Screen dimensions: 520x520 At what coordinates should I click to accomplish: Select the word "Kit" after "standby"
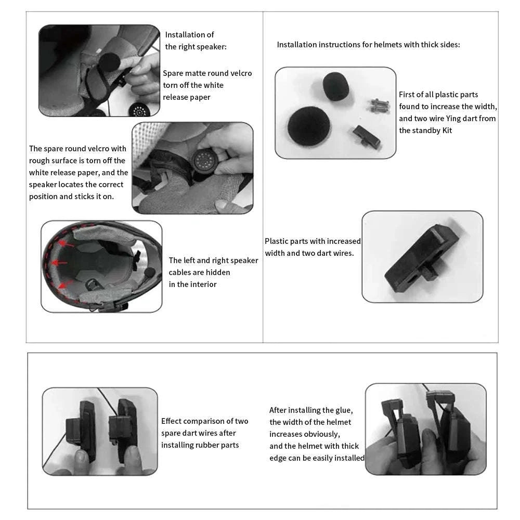(x=447, y=131)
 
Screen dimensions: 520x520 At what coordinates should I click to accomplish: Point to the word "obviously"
(x=323, y=434)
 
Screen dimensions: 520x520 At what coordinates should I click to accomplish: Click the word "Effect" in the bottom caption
(x=172, y=421)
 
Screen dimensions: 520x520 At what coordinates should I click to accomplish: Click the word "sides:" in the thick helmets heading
(x=448, y=45)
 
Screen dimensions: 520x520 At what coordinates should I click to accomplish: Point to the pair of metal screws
(x=379, y=106)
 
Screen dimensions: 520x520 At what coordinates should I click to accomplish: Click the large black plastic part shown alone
(x=421, y=257)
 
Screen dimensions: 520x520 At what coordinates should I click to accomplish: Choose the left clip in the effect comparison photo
(x=82, y=430)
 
